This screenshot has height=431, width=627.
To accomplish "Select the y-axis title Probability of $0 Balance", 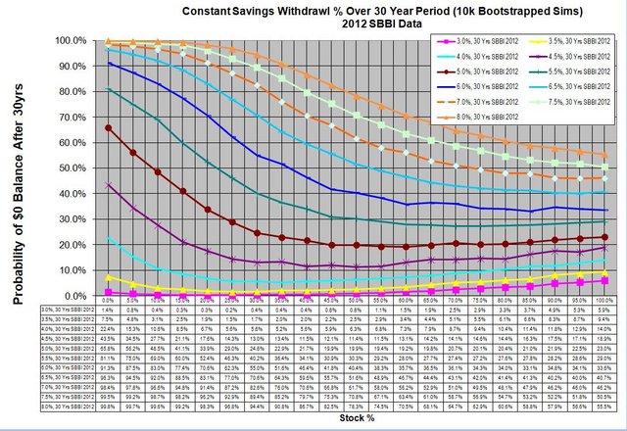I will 18,167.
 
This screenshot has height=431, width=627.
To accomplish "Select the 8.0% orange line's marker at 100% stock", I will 603,155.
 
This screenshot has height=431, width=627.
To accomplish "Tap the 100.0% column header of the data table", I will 603,298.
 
